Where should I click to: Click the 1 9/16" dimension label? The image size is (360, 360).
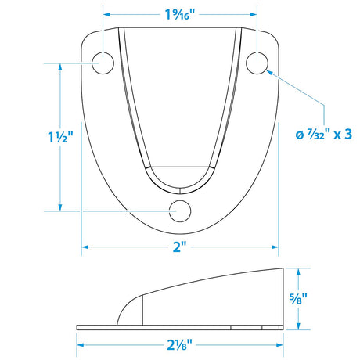(x=180, y=14)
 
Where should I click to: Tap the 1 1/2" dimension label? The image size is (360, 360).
(x=60, y=137)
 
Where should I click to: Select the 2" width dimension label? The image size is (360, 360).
(x=180, y=247)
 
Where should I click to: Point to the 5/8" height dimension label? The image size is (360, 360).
(x=298, y=299)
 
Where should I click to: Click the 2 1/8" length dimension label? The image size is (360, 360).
(x=179, y=345)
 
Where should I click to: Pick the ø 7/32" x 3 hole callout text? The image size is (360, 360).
(x=324, y=135)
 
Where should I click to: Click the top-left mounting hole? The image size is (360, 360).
(x=103, y=63)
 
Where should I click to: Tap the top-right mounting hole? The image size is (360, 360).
(x=257, y=63)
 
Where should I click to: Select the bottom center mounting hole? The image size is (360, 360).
(x=180, y=211)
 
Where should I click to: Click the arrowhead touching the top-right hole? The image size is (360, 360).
(x=270, y=72)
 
